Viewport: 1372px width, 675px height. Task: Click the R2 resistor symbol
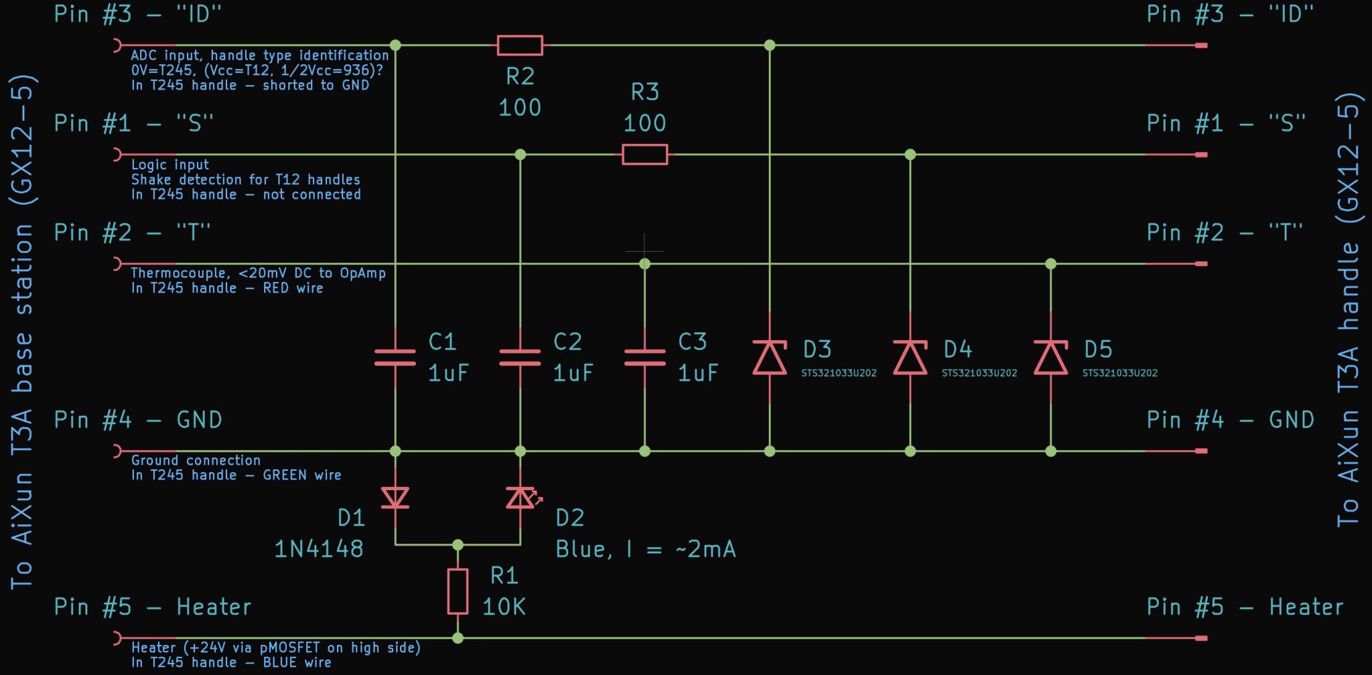(x=520, y=46)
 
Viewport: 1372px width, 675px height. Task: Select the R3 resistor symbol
(x=644, y=155)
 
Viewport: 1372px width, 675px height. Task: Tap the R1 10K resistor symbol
(x=458, y=591)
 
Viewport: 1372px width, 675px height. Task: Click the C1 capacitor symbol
(x=395, y=358)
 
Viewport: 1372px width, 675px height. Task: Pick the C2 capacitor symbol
(x=520, y=358)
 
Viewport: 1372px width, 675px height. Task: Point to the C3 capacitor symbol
(x=644, y=358)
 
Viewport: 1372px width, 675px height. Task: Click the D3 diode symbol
(x=770, y=358)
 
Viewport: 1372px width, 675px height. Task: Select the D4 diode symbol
(x=910, y=358)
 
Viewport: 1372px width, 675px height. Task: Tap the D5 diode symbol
(x=1050, y=358)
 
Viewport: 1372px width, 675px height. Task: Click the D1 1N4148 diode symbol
(x=395, y=498)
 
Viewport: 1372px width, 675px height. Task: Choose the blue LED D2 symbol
(x=521, y=498)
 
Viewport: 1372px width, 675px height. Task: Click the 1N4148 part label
(x=319, y=549)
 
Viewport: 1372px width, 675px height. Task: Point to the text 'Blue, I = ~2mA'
(x=646, y=549)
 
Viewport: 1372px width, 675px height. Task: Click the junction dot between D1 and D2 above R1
(x=458, y=544)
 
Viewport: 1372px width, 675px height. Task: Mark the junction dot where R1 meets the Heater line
(x=458, y=638)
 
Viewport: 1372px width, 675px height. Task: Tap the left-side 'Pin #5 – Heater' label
(x=153, y=607)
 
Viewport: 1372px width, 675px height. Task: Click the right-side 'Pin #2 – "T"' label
(x=1225, y=233)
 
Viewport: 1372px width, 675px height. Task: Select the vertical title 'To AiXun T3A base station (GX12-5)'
(x=22, y=332)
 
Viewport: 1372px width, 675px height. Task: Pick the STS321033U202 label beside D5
(x=1119, y=373)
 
